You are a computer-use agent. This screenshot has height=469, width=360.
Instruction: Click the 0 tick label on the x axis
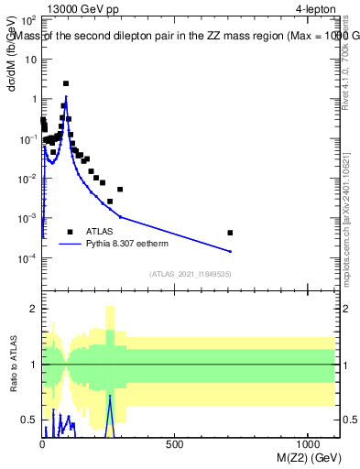[x=42, y=442]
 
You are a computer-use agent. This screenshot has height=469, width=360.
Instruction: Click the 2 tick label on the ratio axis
[x=32, y=309]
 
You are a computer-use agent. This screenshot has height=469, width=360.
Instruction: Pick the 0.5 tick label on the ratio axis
[x=28, y=420]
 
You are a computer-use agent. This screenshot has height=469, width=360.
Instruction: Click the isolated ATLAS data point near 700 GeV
[x=230, y=233]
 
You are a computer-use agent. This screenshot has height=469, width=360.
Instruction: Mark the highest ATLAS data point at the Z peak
[x=66, y=83]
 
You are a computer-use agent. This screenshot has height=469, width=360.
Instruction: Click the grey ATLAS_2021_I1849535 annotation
[x=190, y=274]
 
